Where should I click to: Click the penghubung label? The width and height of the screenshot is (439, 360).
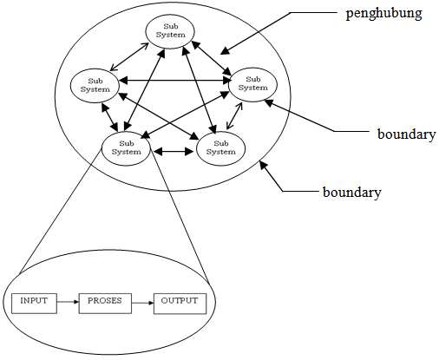click(x=383, y=14)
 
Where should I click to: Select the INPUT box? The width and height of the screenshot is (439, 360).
click(x=34, y=304)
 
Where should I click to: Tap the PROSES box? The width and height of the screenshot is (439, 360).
click(x=105, y=304)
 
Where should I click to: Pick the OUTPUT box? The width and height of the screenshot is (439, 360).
click(x=180, y=304)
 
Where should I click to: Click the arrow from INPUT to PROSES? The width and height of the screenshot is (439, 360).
click(x=68, y=302)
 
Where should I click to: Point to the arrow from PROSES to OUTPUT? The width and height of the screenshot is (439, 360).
click(x=142, y=303)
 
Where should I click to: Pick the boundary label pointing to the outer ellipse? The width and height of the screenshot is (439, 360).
click(x=352, y=192)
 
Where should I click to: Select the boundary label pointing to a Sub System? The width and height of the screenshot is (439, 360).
click(x=406, y=134)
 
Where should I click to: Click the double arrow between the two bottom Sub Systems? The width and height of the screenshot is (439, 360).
click(x=174, y=151)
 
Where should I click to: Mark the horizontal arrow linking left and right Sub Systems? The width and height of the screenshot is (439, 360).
click(x=176, y=81)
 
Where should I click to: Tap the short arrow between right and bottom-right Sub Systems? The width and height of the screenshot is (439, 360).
click(x=234, y=115)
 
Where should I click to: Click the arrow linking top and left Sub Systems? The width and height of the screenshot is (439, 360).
click(x=129, y=56)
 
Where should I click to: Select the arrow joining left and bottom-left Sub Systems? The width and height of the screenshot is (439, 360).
click(x=109, y=117)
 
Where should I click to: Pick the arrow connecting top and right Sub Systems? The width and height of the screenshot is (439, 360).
click(x=212, y=58)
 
